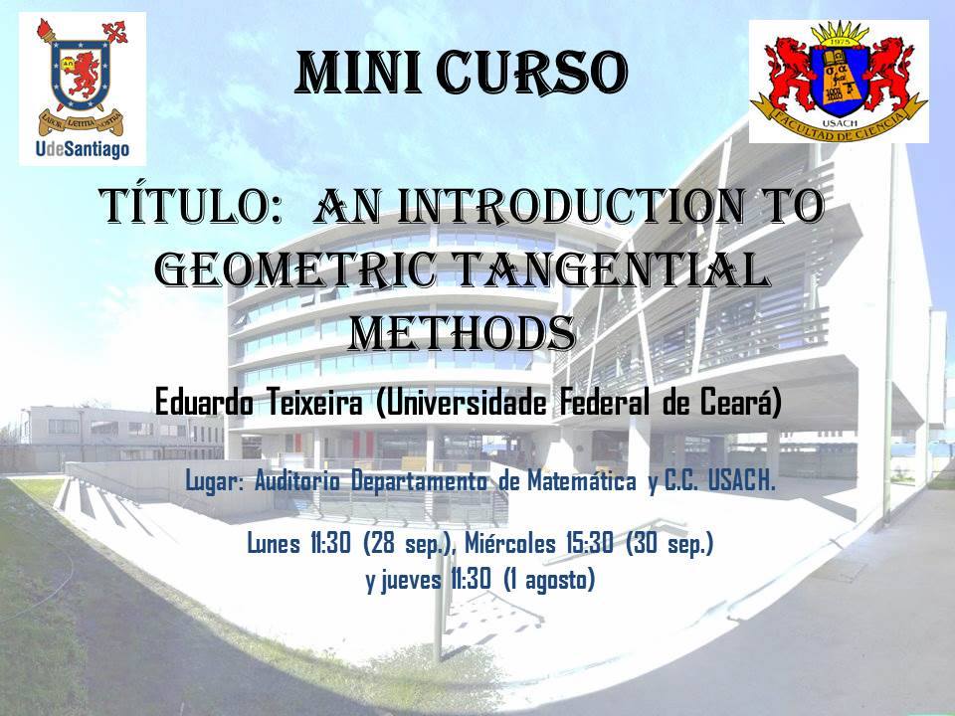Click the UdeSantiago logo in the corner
[83, 89]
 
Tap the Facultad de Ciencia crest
[839, 81]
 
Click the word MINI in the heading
[359, 73]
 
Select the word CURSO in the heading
[532, 73]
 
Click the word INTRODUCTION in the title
[572, 207]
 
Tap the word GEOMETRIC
[296, 269]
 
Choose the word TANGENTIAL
[611, 269]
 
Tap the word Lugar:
[214, 482]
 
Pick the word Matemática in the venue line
[582, 481]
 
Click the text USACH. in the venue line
[742, 481]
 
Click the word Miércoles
[509, 543]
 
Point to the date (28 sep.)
[408, 544]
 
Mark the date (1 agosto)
[549, 580]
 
